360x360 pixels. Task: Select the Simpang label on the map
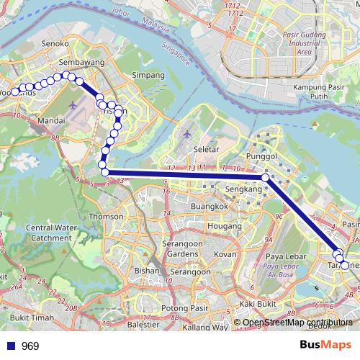tap(144, 74)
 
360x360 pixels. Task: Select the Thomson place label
tap(102, 216)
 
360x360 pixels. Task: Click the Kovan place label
tap(225, 254)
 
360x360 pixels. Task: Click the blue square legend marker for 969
tap(10, 346)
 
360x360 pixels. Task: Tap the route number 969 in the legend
tap(30, 346)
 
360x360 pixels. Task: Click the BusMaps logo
tap(325, 346)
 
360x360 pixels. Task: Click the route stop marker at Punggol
tap(265, 177)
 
